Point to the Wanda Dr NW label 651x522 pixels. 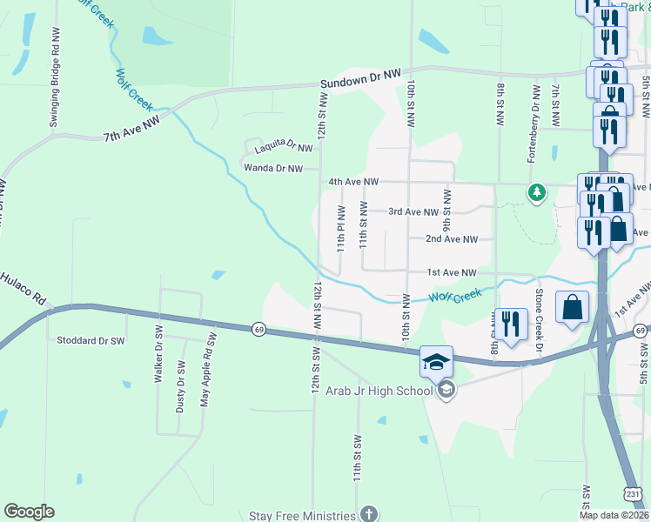click(x=273, y=168)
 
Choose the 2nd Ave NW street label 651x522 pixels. click(x=452, y=238)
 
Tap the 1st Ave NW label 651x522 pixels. click(x=452, y=272)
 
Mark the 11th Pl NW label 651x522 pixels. click(x=342, y=229)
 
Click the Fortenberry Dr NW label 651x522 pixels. click(x=534, y=124)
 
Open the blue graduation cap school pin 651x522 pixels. click(x=436, y=362)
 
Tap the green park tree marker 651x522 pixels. click(x=538, y=191)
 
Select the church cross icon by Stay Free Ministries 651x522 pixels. click(x=369, y=514)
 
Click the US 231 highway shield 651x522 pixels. click(x=635, y=493)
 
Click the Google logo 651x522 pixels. click(x=30, y=512)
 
